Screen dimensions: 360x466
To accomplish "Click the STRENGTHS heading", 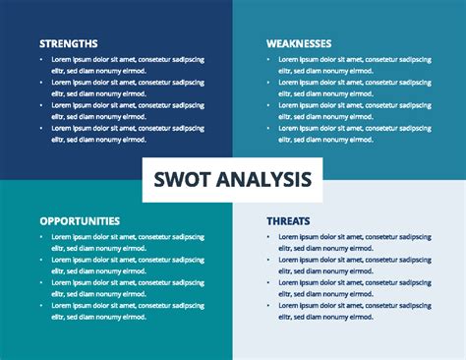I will click(68, 43).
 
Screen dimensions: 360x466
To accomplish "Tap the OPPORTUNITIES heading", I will click(80, 221).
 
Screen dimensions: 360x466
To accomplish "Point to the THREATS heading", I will click(289, 221).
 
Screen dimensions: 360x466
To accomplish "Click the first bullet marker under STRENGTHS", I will click(42, 59).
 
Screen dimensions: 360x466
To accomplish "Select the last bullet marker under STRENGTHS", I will click(42, 129).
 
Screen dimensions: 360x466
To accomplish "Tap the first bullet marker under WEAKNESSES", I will click(269, 59).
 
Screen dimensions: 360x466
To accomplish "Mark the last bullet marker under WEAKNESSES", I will click(269, 129).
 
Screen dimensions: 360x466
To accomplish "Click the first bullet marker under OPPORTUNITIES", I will click(42, 237).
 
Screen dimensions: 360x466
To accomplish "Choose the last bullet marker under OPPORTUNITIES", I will click(42, 306).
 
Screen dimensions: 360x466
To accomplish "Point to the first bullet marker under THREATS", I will click(269, 237).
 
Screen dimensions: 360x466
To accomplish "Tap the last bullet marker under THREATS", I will click(269, 306).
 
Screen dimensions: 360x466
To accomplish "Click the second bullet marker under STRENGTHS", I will click(42, 83).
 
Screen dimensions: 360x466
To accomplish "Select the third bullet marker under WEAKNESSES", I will click(269, 105).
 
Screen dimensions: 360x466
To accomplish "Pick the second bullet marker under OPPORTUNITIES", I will click(42, 260).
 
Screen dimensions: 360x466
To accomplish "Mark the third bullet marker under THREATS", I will click(269, 283).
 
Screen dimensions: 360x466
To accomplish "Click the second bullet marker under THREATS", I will click(269, 260).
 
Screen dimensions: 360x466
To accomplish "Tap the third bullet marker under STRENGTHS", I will click(42, 105).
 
